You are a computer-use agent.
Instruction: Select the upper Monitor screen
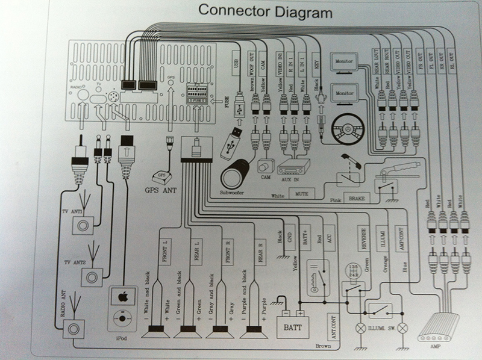(345, 62)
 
